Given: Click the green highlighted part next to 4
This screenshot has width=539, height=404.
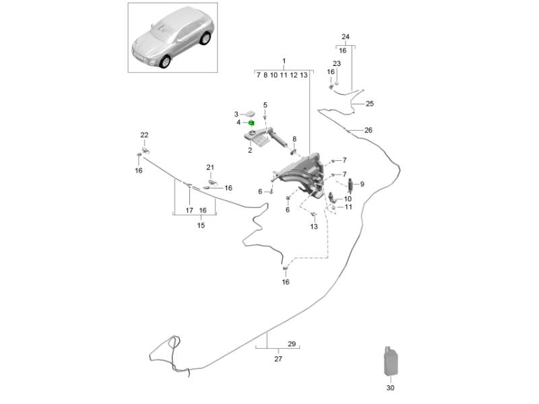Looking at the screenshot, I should pos(251,123).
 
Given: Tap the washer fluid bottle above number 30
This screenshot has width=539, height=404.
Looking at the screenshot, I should pos(390,362).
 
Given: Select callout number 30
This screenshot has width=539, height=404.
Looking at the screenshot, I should pos(391,388).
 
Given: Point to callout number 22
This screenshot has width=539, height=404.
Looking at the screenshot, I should pos(144,135).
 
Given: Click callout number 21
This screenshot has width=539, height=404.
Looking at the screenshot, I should pos(210,168).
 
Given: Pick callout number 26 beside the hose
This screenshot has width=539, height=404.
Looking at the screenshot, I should pos(368,130).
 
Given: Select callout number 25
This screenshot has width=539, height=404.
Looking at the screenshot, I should pos(369,104).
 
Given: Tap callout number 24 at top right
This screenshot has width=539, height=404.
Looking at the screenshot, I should pos(346,36).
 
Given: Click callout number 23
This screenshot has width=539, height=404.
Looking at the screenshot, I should pos(337,64).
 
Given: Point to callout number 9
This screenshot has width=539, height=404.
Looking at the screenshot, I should pos(362,184).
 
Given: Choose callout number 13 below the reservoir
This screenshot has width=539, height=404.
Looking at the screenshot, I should pos(313,227).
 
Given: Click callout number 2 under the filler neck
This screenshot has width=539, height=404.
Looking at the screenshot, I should pos(249,150).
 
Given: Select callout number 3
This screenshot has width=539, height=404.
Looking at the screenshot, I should pos(236,114).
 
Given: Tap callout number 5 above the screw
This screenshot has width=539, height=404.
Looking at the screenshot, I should pos(265,105).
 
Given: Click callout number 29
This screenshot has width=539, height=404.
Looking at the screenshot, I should pos(292,344).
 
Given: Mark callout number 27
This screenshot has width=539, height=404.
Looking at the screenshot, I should pos(278,359).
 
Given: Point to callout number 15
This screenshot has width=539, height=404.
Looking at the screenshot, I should pos(200,225).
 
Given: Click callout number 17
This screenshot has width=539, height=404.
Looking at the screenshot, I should pos(189,211).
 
